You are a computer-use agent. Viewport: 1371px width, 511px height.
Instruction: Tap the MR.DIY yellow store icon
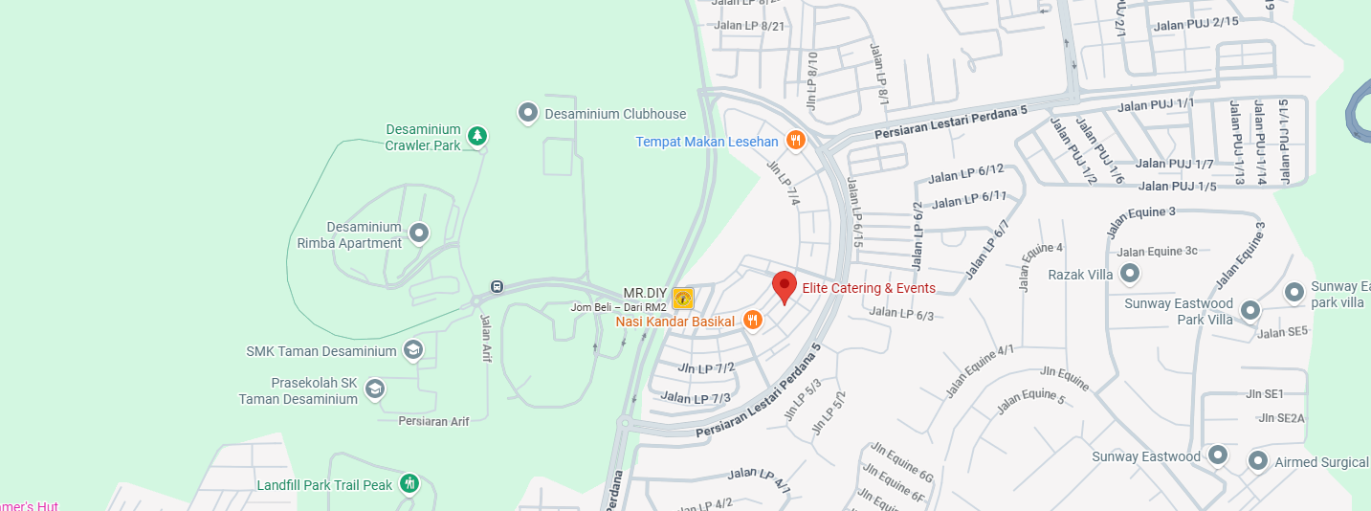[x=682, y=299]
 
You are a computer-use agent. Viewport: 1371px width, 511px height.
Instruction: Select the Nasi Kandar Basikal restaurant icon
[x=752, y=321]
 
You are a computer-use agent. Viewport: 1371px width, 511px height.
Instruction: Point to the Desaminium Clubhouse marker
[x=527, y=114]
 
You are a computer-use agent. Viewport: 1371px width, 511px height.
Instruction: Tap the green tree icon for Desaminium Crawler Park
[x=476, y=137]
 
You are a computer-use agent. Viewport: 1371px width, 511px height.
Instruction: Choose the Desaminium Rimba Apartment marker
[x=418, y=233]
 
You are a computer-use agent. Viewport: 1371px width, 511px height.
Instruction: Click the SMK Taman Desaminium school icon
[x=413, y=350]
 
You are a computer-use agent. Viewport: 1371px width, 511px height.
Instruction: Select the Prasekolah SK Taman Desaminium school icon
[x=375, y=389]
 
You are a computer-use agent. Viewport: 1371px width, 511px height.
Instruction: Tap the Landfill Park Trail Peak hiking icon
[x=409, y=484]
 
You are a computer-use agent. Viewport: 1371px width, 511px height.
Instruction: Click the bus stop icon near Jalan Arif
[x=497, y=286]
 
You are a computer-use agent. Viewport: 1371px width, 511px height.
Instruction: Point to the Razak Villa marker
[x=1130, y=275]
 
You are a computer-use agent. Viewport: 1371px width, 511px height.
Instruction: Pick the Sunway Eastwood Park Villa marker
[x=1249, y=310]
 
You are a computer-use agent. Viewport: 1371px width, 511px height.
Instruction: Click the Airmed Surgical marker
[x=1258, y=462]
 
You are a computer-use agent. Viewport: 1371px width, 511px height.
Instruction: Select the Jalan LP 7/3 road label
[x=696, y=398]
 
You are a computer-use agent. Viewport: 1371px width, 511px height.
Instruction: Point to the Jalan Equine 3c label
[x=1157, y=252]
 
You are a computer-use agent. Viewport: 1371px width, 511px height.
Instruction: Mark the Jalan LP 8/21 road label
[x=750, y=26]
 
